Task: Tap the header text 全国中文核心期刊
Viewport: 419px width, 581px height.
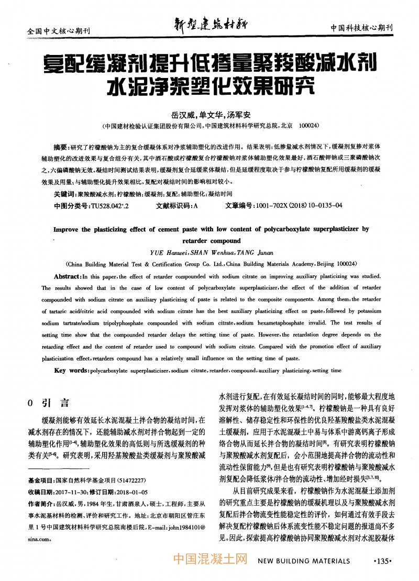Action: coord(58,31)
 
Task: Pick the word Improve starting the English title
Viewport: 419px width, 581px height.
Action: coord(69,229)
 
